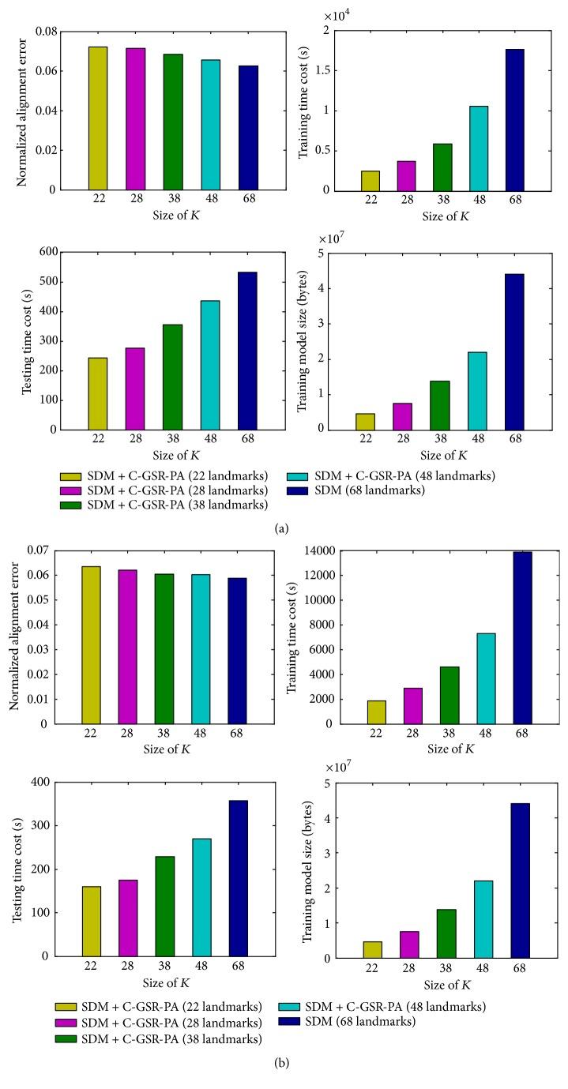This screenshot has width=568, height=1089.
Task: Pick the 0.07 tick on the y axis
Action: [x=39, y=550]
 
